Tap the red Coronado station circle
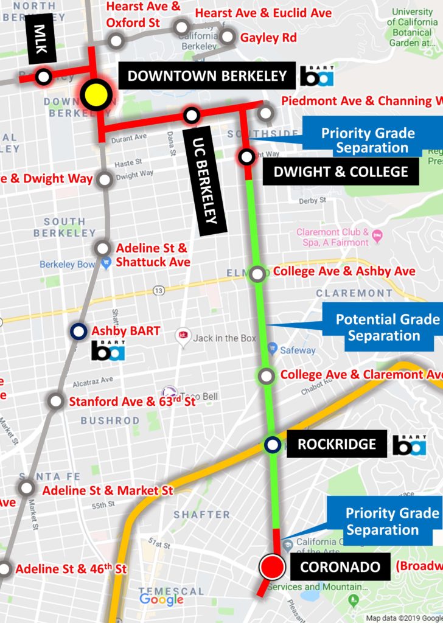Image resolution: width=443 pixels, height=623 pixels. pos(272,567)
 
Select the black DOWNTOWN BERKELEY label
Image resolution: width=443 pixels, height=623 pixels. pos(207,76)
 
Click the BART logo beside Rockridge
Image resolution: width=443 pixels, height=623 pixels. pos(409,445)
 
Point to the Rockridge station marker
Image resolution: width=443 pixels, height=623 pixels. pos(273,445)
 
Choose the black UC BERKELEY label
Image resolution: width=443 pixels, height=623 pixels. pos(204,180)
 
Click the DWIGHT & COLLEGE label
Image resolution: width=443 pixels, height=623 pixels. pos(341,172)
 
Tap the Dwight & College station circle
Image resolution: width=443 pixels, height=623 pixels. pos(246,157)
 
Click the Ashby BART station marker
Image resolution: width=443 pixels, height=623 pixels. pos(78,332)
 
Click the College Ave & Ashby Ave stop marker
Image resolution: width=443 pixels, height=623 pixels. pos(258,273)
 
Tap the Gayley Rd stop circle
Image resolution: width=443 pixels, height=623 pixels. pos(228,37)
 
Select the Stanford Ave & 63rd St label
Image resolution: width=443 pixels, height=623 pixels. pos(132,402)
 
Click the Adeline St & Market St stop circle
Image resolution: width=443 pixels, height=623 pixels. pos(27,487)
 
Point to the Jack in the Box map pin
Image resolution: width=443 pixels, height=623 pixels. pos(183,336)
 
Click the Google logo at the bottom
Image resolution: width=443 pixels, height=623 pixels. pos(161,599)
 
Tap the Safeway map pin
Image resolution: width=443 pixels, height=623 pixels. pos(272,350)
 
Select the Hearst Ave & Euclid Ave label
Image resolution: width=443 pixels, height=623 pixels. pos(263,13)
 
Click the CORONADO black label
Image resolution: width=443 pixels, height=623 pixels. pos(340,568)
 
